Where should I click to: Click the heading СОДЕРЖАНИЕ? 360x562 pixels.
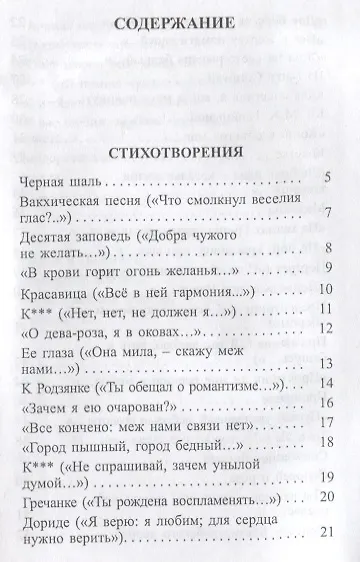(x=181, y=49)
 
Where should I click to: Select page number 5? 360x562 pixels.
(x=327, y=178)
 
